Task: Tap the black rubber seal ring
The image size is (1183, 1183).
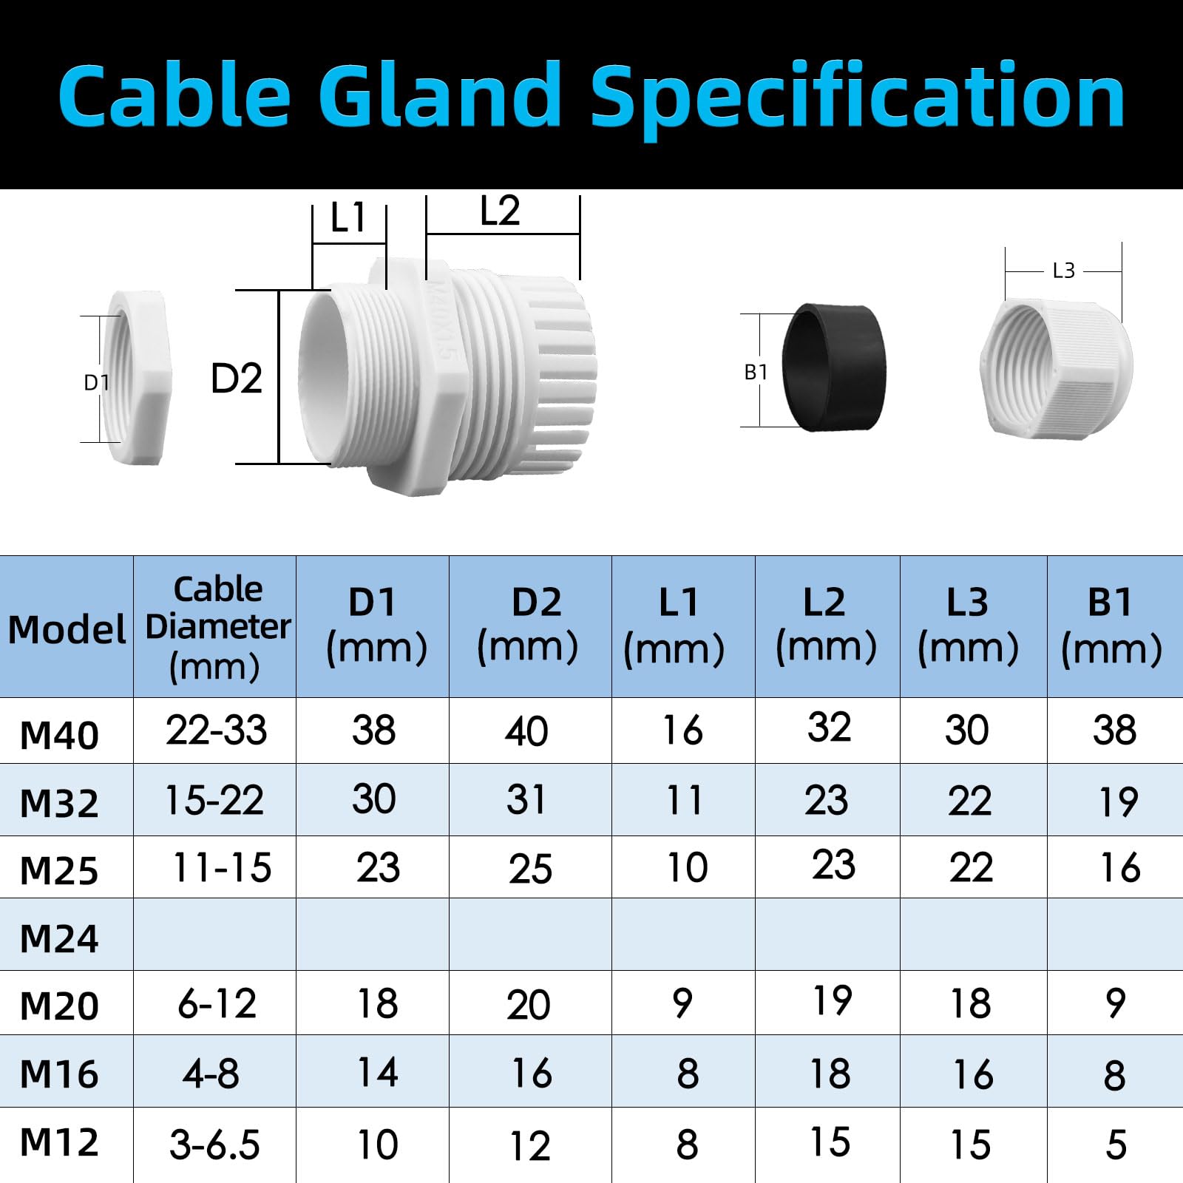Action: [x=833, y=367]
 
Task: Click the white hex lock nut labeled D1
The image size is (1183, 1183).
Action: [x=139, y=378]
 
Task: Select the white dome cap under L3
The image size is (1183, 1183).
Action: [x=1056, y=367]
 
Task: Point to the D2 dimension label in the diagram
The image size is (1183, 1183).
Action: [x=237, y=379]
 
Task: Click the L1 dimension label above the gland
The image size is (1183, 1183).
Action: [x=348, y=218]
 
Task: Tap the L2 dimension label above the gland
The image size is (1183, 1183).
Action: [x=500, y=211]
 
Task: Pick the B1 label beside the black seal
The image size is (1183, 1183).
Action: [x=756, y=373]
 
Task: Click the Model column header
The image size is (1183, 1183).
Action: [x=67, y=630]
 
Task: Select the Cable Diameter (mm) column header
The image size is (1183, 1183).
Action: [x=217, y=628]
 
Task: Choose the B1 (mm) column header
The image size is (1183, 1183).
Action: [x=1111, y=626]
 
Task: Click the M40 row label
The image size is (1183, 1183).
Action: [x=59, y=736]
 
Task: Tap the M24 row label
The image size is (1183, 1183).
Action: [x=59, y=939]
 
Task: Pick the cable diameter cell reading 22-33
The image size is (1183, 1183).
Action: [x=216, y=731]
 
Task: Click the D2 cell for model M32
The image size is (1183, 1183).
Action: [x=526, y=799]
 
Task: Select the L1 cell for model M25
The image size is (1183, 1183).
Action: [x=687, y=867]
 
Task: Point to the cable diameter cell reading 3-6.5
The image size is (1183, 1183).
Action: [x=214, y=1145]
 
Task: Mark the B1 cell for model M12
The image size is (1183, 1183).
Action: [x=1116, y=1145]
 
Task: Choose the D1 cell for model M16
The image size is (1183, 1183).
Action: [x=378, y=1072]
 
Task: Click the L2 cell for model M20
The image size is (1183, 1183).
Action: [x=832, y=1001]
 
